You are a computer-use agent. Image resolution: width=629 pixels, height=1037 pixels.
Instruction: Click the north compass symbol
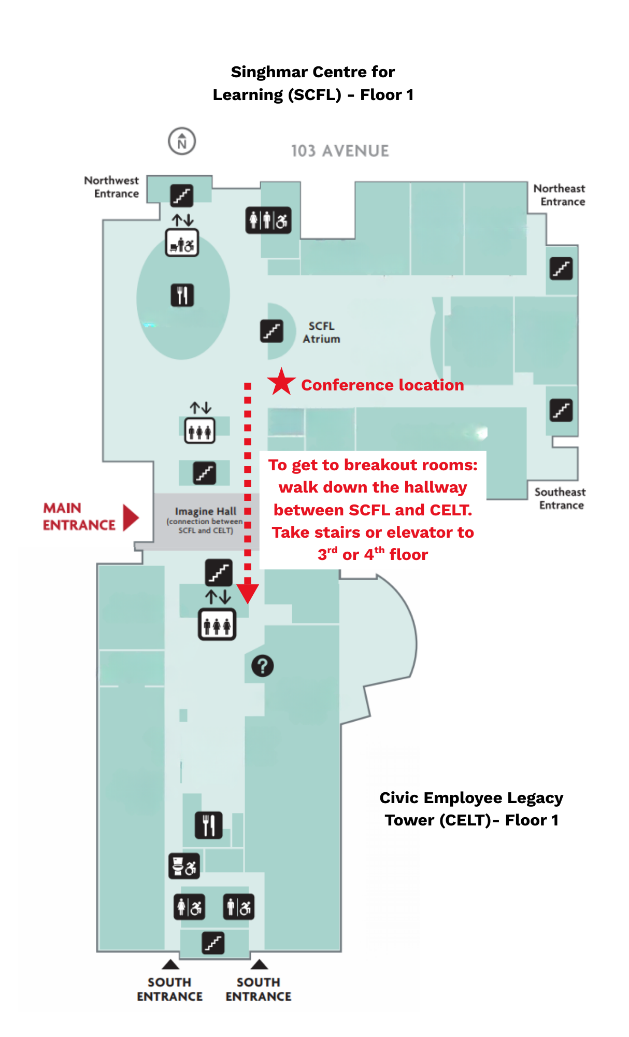(182, 141)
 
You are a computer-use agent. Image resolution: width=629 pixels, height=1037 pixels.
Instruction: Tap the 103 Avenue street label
(340, 151)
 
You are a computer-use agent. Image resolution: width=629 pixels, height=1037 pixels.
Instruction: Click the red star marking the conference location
(281, 382)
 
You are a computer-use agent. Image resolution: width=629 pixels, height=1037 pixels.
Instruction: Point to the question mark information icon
(263, 666)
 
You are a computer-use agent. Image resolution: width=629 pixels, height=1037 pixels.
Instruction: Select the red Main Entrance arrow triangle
(131, 517)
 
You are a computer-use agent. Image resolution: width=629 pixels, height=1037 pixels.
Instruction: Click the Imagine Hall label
(205, 511)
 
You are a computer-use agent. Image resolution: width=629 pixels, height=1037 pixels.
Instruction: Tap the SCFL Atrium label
(321, 332)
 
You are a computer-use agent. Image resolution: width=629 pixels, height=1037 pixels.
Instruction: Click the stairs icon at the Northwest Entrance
(182, 195)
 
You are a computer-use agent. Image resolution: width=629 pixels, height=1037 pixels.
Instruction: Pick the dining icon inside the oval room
(182, 296)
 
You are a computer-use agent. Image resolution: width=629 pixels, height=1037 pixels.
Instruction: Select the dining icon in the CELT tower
(209, 825)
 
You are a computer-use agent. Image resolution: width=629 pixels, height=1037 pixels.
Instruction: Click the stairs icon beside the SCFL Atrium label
(271, 331)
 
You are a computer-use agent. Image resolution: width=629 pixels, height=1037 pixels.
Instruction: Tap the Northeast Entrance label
(560, 195)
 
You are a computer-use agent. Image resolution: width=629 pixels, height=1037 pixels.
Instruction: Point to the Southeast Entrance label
(561, 498)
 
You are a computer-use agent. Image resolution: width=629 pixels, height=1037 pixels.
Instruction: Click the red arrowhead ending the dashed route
(248, 593)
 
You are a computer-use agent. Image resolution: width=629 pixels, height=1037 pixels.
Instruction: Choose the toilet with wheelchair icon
(184, 866)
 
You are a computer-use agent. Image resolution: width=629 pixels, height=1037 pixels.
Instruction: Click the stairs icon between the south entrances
(213, 943)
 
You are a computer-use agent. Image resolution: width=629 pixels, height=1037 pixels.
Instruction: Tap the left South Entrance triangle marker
(170, 964)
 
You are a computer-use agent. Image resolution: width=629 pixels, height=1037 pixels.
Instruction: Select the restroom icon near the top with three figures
(268, 220)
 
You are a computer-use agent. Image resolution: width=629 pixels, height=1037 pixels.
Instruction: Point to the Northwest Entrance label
(112, 187)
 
